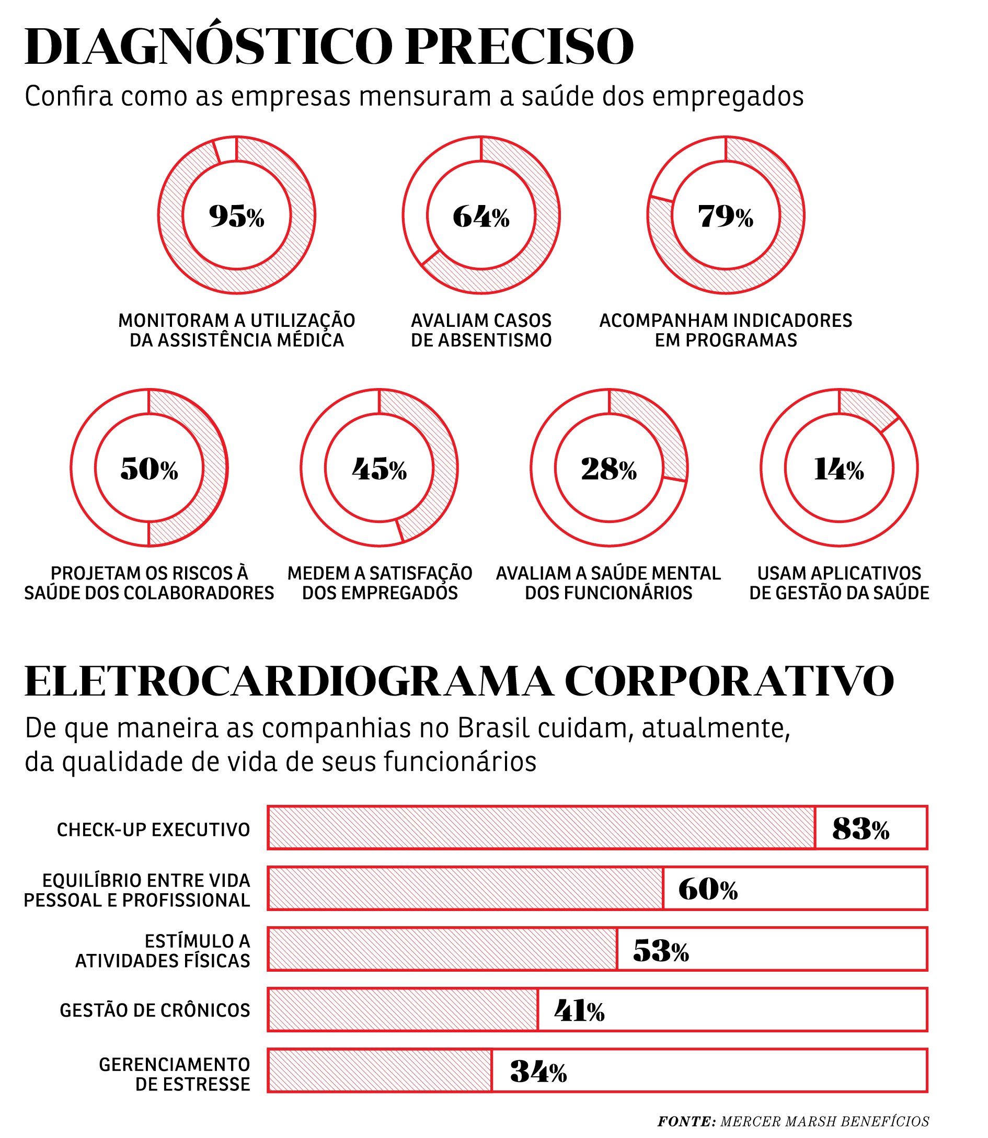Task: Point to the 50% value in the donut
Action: click(x=149, y=469)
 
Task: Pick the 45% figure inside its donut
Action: click(x=380, y=469)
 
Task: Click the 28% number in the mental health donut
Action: click(x=608, y=469)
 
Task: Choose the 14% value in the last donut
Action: click(x=838, y=469)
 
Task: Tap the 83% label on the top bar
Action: click(x=860, y=828)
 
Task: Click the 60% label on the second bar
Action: click(x=708, y=889)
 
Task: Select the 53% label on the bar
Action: click(x=661, y=950)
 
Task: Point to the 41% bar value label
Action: click(x=579, y=1011)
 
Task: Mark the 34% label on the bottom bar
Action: click(x=538, y=1072)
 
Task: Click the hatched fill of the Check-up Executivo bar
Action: click(x=541, y=828)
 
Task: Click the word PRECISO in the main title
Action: click(x=520, y=47)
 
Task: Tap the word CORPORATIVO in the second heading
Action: click(x=729, y=682)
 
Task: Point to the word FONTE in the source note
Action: click(x=686, y=1121)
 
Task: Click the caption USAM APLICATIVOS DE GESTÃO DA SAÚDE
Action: click(x=838, y=583)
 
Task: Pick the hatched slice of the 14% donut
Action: click(x=866, y=408)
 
